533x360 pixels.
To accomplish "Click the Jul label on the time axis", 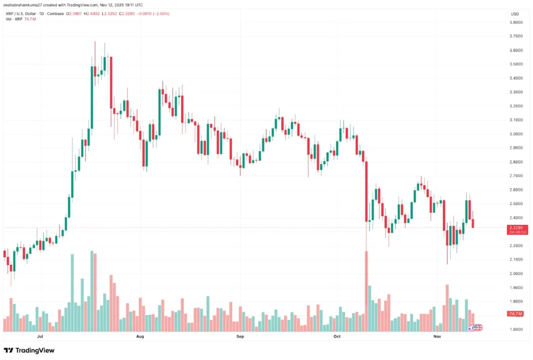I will click(x=40, y=337).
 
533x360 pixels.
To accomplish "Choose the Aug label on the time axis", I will click(x=139, y=337).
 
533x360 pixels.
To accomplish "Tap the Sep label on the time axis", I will click(x=240, y=337).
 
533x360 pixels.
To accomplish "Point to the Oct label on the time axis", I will click(x=337, y=337).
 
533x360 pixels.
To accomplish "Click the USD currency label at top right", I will click(x=515, y=14).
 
